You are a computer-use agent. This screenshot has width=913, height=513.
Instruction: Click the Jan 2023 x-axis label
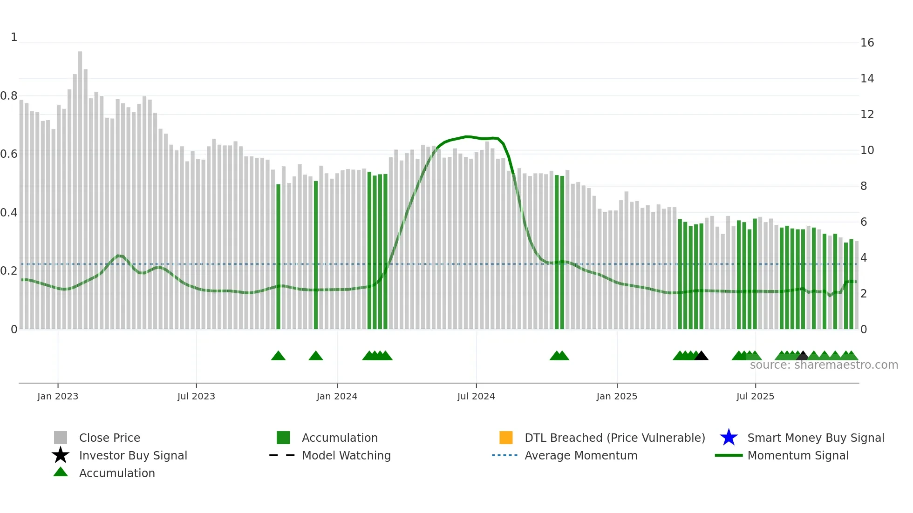pyautogui.click(x=58, y=396)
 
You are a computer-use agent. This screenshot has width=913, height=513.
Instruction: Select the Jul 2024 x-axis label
pyautogui.click(x=476, y=396)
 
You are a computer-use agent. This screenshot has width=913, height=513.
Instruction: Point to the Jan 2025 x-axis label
pyautogui.click(x=617, y=396)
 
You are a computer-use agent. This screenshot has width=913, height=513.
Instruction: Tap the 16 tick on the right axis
pyautogui.click(x=867, y=43)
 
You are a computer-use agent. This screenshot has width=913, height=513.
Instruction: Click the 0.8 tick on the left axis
pyautogui.click(x=9, y=96)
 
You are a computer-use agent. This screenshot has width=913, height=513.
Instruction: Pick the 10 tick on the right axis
pyautogui.click(x=867, y=150)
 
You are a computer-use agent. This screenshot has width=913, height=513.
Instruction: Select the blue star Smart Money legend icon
pyautogui.click(x=729, y=438)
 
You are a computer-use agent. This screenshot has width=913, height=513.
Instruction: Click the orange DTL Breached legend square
pyautogui.click(x=506, y=438)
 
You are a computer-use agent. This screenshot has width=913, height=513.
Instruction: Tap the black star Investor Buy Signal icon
pyautogui.click(x=61, y=455)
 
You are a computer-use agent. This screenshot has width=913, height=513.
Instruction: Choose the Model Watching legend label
pyautogui.click(x=346, y=455)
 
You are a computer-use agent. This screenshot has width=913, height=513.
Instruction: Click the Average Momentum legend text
pyautogui.click(x=581, y=455)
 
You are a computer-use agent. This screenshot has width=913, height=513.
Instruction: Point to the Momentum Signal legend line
pyautogui.click(x=729, y=455)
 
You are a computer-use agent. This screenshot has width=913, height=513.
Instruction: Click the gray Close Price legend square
pyautogui.click(x=61, y=438)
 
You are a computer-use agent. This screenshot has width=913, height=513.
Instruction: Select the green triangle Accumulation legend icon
pyautogui.click(x=61, y=472)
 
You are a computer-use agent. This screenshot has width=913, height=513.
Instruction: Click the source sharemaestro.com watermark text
pyautogui.click(x=824, y=365)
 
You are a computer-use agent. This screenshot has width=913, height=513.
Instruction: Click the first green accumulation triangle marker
pyautogui.click(x=278, y=356)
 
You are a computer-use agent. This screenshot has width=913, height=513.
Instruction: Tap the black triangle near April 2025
pyautogui.click(x=701, y=356)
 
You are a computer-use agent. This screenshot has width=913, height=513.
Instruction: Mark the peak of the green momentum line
pyautogui.click(x=467, y=137)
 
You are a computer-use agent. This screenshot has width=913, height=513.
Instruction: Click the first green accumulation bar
pyautogui.click(x=278, y=256)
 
